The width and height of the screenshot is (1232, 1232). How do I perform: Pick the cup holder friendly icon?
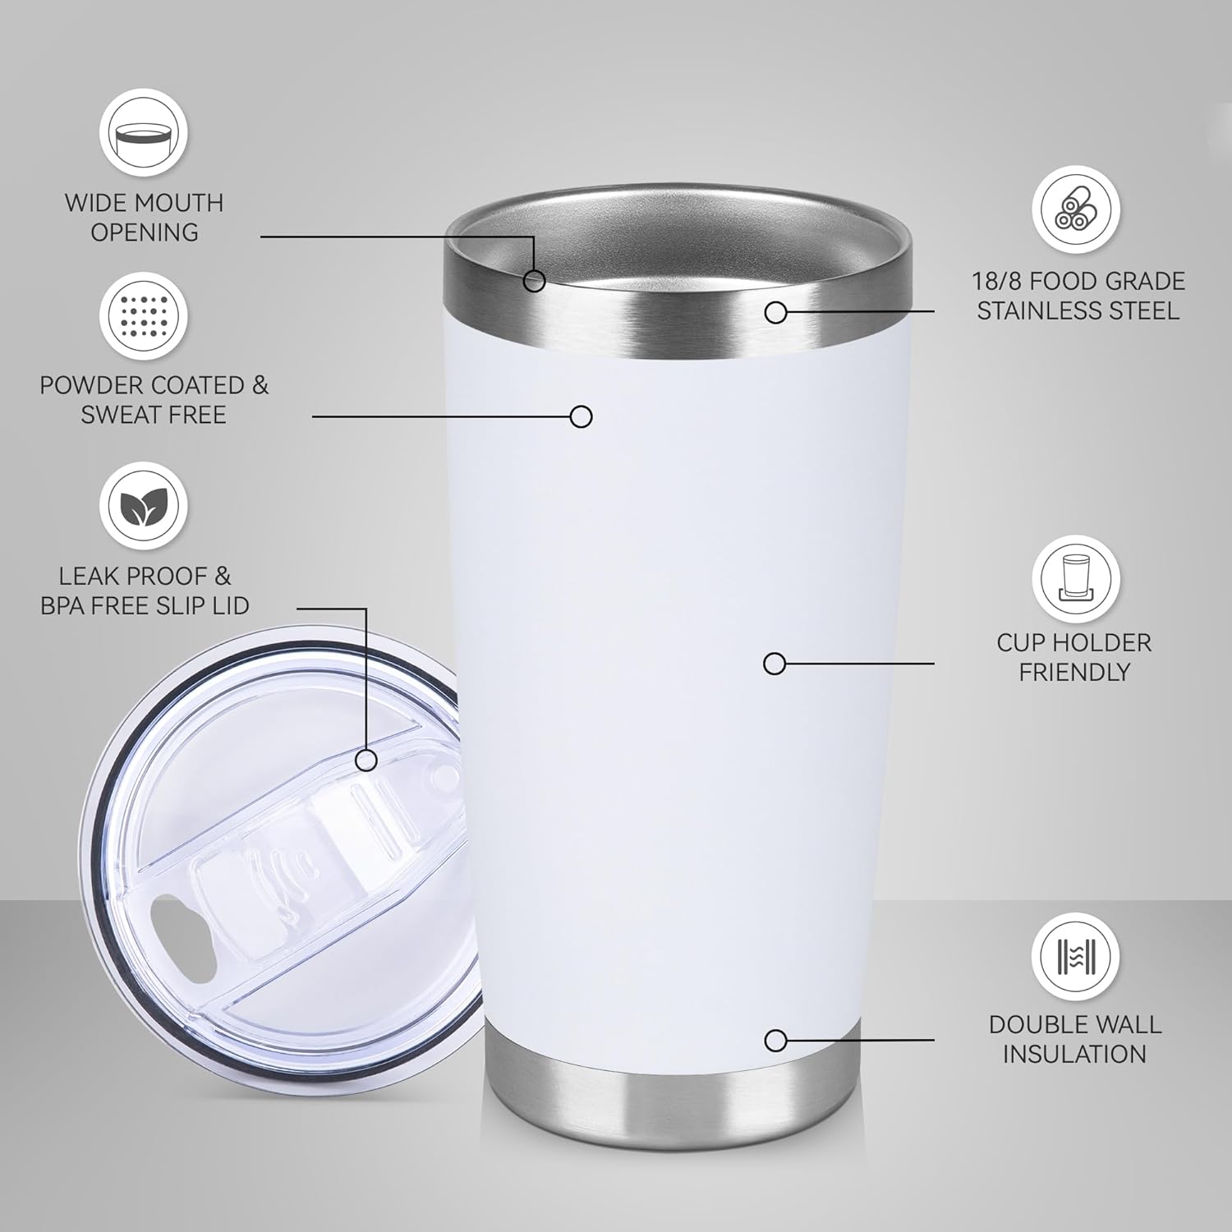[x=1075, y=578]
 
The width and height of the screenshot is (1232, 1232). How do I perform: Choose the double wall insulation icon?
[x=1075, y=957]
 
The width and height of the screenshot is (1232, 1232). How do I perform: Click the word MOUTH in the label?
[x=180, y=203]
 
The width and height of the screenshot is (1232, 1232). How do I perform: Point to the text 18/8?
[x=997, y=282]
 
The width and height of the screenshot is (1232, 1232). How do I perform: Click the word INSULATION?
[x=1073, y=1054]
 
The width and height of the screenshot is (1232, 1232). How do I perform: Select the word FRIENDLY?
[x=1073, y=672]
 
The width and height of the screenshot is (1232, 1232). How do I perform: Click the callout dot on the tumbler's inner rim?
[x=535, y=281]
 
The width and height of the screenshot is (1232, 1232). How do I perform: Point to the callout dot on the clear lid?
[x=367, y=761]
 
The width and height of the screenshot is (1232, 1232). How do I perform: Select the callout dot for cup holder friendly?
[x=775, y=663]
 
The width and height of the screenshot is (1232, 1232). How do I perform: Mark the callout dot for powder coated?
[x=582, y=416]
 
